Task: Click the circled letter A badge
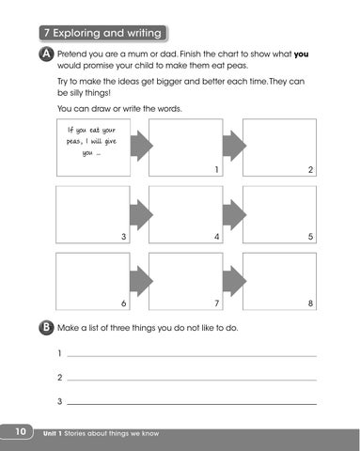[46, 54]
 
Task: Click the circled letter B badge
[46, 328]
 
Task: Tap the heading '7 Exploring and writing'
[102, 33]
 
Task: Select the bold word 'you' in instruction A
[301, 54]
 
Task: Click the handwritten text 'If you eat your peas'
[91, 135]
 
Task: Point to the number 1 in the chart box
[216, 169]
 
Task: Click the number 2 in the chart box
[310, 169]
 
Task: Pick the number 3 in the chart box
[124, 237]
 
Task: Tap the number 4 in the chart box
[217, 237]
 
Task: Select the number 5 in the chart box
[310, 237]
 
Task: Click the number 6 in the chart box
[123, 303]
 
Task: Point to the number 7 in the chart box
[216, 303]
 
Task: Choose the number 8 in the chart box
[310, 303]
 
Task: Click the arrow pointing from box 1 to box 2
[235, 146]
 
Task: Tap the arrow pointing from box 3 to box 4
[141, 215]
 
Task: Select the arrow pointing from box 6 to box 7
[141, 281]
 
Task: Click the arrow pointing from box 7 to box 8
[235, 281]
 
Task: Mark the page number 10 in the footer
[21, 431]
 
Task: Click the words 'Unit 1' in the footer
[53, 433]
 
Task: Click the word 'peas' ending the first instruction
[237, 66]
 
